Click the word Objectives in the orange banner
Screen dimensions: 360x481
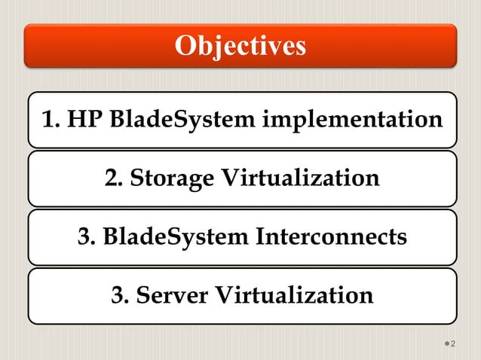point(240,46)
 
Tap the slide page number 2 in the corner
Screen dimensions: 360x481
point(453,343)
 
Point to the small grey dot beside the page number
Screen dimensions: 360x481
point(446,344)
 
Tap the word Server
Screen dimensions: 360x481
point(173,294)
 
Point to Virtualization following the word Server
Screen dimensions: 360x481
point(294,294)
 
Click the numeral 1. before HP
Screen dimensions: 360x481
point(51,119)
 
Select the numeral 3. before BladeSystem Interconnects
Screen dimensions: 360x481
point(86,236)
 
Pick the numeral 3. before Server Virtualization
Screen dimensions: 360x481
point(119,294)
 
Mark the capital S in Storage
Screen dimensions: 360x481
point(136,178)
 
